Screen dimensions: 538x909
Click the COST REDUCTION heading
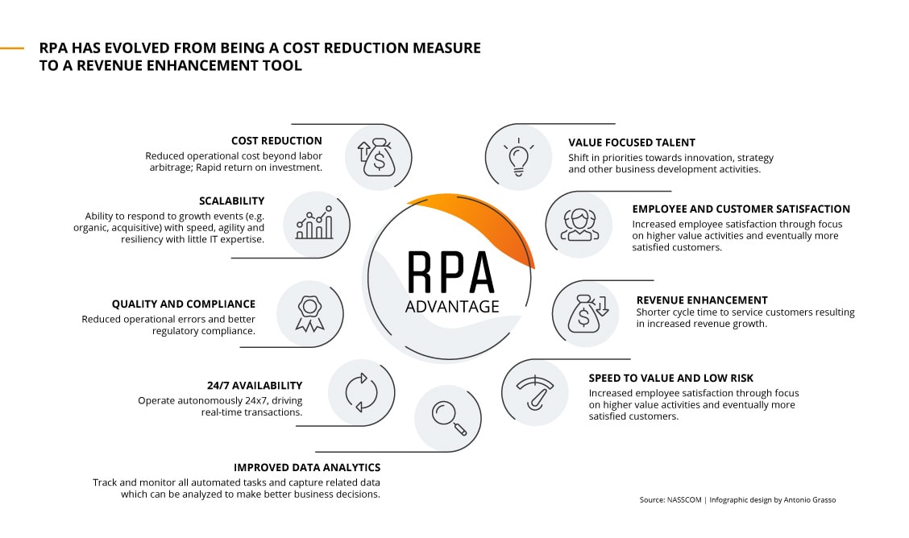point(276,141)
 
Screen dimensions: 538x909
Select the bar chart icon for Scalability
point(314,224)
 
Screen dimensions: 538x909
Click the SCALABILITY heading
point(231,201)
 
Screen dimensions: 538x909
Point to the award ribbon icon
point(309,312)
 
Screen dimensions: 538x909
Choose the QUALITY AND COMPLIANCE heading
point(183,304)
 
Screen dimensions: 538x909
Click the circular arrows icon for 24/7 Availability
point(360,392)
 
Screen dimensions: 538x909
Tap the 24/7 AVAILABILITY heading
point(255,386)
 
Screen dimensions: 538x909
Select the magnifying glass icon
point(448,417)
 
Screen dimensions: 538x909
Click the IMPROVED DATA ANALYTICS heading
point(307,467)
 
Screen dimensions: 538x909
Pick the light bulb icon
point(518,157)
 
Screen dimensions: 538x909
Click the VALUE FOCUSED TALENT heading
point(632,143)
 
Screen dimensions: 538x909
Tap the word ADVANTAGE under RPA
point(452,306)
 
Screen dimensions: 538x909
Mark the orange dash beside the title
point(12,48)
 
